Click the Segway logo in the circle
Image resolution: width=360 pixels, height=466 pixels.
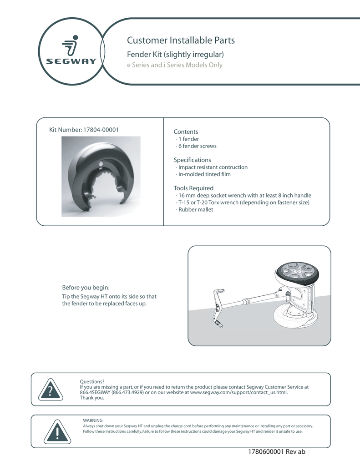[x=71, y=52]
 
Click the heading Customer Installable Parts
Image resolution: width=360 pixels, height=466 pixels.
[x=181, y=41]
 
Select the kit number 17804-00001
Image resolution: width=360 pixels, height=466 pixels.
[x=101, y=130]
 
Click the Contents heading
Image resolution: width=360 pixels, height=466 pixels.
[x=186, y=132]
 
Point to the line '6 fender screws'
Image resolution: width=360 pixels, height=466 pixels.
[x=196, y=146]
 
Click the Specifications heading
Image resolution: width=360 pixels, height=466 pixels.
[x=192, y=160]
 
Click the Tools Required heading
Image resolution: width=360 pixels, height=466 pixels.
[x=193, y=188]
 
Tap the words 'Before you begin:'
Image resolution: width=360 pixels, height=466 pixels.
[x=86, y=287]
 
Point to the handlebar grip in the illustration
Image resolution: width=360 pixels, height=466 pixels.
[x=219, y=292]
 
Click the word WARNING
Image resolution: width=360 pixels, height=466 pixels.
[x=93, y=420]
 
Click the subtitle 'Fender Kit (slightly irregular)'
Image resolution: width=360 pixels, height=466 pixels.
[x=175, y=55]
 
